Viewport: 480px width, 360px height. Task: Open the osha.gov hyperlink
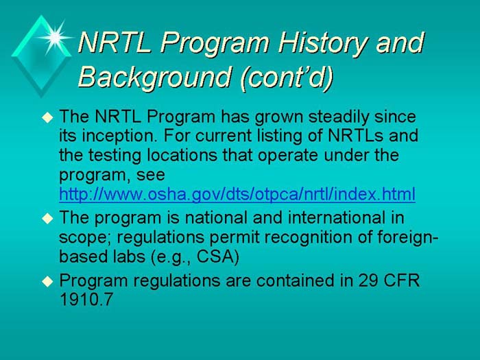(x=237, y=195)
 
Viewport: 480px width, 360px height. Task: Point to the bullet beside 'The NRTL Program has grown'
(x=47, y=118)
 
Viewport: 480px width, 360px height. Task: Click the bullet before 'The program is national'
(x=47, y=219)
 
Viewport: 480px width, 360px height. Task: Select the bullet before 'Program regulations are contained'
(x=47, y=281)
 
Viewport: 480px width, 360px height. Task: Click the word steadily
(x=328, y=116)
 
